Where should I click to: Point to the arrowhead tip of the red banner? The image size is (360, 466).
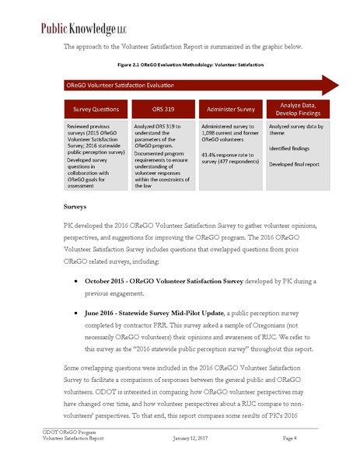click(338, 85)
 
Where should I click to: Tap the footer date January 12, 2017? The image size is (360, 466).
click(191, 439)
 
